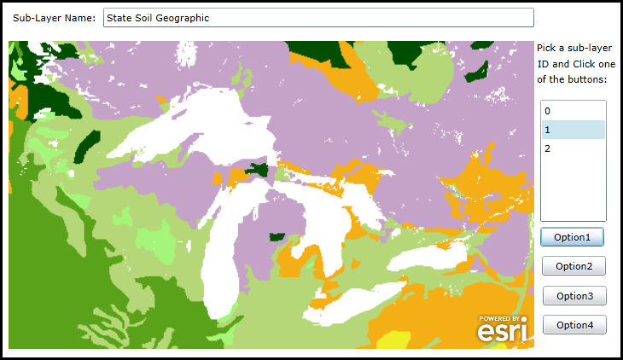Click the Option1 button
574,236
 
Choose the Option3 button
574,295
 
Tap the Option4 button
574,324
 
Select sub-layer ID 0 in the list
548,111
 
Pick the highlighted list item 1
573,130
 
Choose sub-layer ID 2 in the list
548,148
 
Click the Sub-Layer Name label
54,17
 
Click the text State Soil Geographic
158,17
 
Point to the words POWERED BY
499,318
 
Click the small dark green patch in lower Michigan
277,236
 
